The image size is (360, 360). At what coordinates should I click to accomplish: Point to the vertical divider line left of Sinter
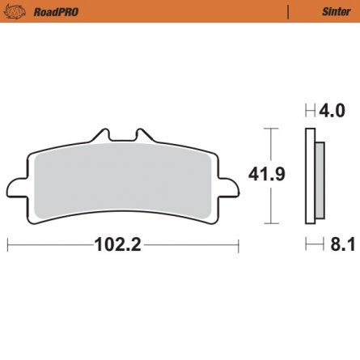288,11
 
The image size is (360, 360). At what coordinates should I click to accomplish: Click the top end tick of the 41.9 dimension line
270,128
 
